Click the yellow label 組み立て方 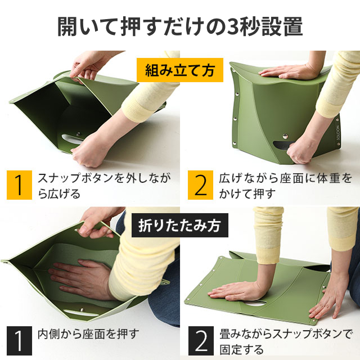click(180, 70)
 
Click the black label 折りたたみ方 click(180, 225)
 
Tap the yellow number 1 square click(19, 185)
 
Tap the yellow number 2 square click(200, 185)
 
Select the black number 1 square click(19, 341)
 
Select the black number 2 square click(201, 341)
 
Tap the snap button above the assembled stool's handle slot click(285, 136)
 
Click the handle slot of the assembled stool click(281, 145)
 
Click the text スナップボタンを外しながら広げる click(104, 185)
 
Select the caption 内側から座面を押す click(88, 334)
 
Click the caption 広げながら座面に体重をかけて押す click(285, 185)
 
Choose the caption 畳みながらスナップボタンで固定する click(286, 341)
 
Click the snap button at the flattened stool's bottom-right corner click(313, 320)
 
